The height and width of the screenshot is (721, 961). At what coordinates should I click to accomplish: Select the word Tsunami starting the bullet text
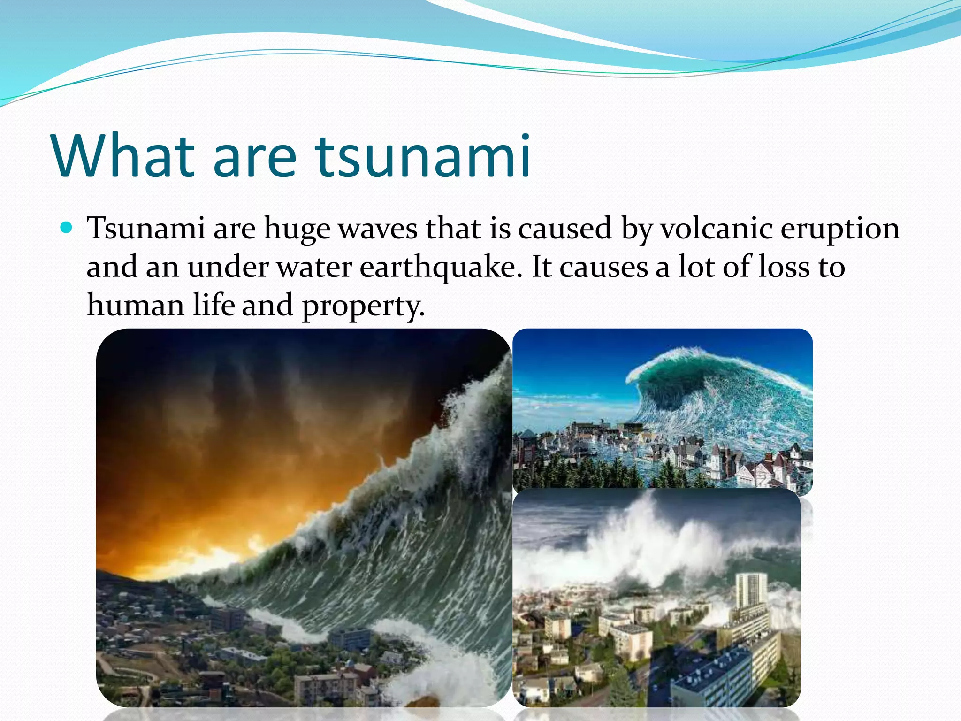[x=146, y=229]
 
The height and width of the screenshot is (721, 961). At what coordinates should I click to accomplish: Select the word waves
[x=378, y=229]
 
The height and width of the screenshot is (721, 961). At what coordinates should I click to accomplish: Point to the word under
[x=228, y=267]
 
